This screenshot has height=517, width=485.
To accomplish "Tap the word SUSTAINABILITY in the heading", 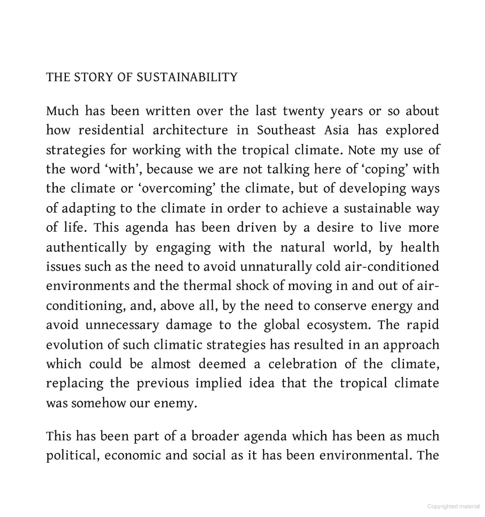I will (186, 77).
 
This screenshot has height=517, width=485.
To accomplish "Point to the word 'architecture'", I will (190, 131).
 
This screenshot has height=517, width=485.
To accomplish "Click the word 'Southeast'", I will (286, 131).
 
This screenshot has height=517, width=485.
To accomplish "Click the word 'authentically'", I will (86, 248).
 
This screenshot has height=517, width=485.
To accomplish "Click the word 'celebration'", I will (302, 364).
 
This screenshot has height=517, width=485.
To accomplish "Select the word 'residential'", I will (111, 131).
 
